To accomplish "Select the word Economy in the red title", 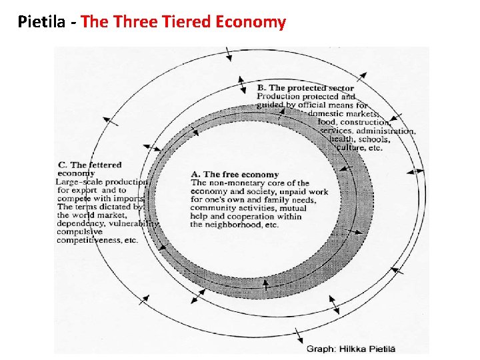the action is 250,23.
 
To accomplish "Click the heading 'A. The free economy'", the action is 235,175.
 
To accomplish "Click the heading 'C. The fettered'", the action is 89,165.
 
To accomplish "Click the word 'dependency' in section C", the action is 79,224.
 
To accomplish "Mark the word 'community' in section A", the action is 212,208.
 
